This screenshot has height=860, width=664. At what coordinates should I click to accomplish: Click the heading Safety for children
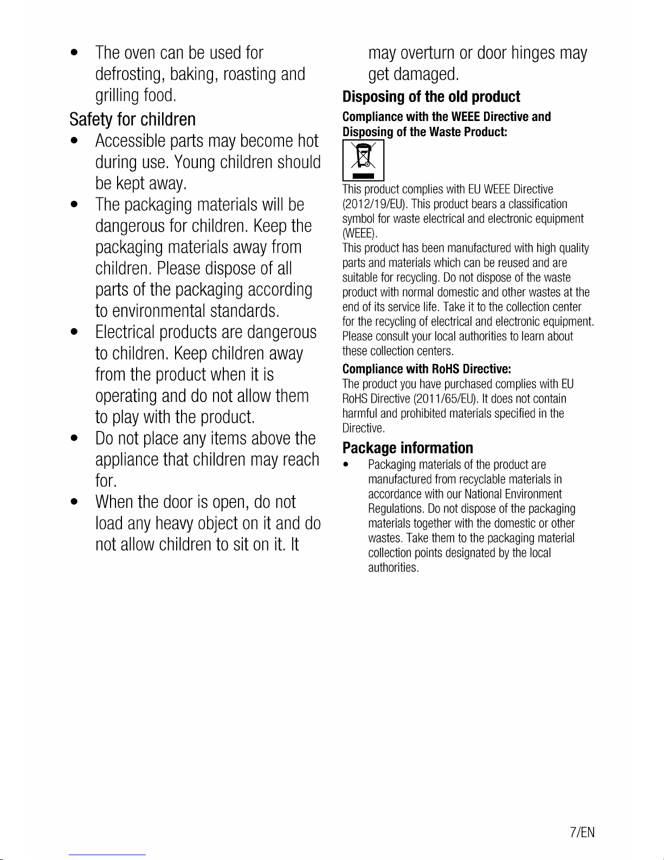(132, 119)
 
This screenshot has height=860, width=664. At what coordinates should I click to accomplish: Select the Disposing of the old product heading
(431, 97)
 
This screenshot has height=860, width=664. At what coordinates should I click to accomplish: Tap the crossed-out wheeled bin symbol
(363, 160)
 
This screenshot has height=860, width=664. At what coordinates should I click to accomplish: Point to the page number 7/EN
(583, 832)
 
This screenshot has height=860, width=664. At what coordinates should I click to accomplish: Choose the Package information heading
(408, 448)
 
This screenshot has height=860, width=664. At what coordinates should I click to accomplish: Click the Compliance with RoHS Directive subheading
(427, 370)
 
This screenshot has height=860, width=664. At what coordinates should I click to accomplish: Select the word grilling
(117, 96)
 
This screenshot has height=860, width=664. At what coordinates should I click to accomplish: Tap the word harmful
(360, 413)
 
